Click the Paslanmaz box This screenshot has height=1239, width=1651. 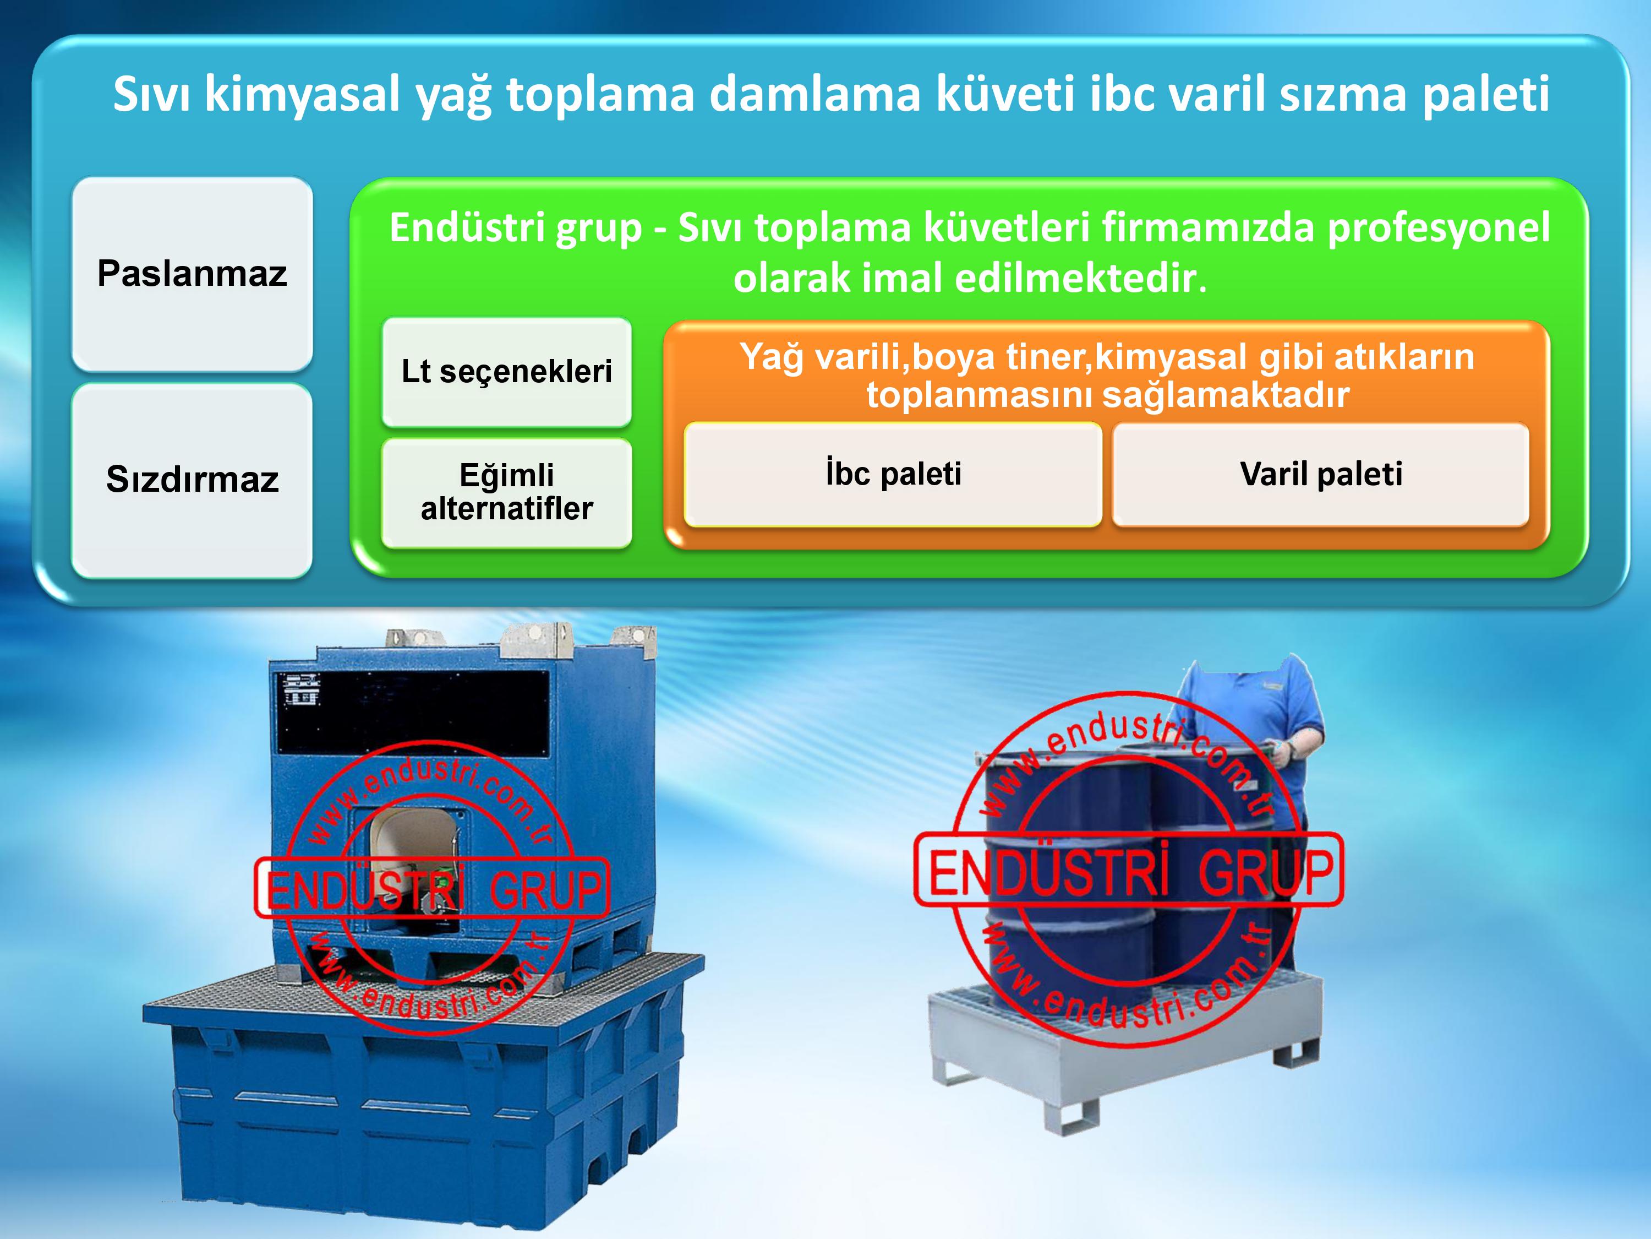coord(192,273)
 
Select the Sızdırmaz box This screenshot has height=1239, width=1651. coord(192,480)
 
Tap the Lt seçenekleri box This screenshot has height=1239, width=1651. coord(506,371)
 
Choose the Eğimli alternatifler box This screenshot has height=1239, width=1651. coord(506,492)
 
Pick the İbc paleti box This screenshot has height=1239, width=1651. coord(893,474)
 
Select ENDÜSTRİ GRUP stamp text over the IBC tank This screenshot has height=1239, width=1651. coord(433,889)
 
